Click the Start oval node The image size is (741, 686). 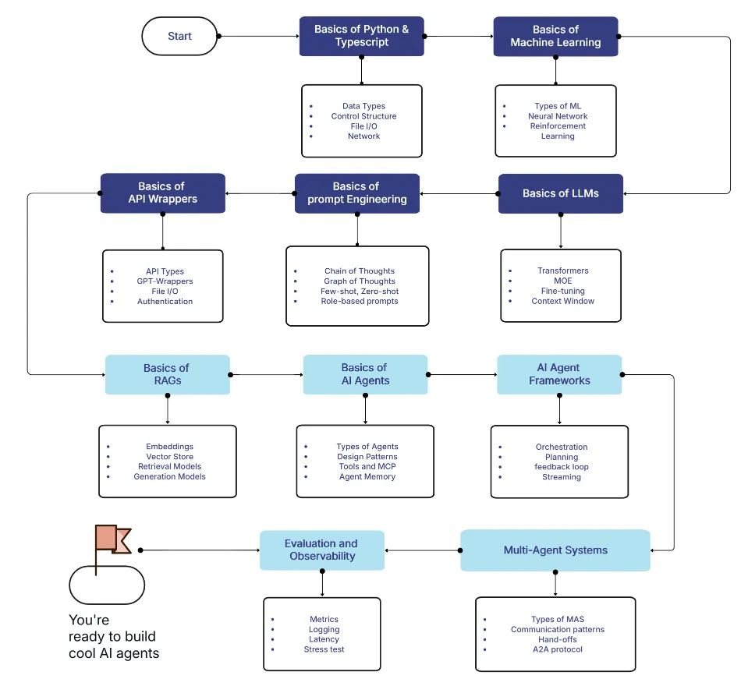pyautogui.click(x=179, y=37)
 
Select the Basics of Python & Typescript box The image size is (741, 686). pyautogui.click(x=361, y=36)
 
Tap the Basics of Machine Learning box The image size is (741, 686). pyautogui.click(x=555, y=36)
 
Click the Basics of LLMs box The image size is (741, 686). pyautogui.click(x=560, y=193)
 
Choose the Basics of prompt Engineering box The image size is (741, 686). pyautogui.click(x=356, y=193)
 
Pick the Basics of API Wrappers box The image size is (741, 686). pyautogui.click(x=162, y=193)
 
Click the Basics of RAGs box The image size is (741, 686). pyautogui.click(x=167, y=374)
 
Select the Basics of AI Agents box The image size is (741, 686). pyautogui.click(x=364, y=374)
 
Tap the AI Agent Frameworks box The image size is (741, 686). pyautogui.click(x=559, y=374)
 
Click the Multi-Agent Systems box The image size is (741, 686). pyautogui.click(x=555, y=550)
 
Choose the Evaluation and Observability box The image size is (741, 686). pyautogui.click(x=321, y=550)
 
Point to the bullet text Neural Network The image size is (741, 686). pyautogui.click(x=556, y=116)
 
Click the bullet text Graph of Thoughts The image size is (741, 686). pyautogui.click(x=360, y=281)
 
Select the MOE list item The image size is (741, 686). pyautogui.click(x=562, y=281)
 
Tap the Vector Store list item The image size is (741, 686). pyautogui.click(x=169, y=457)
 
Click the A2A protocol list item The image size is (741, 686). pyautogui.click(x=557, y=649)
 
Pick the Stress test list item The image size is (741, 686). pyautogui.click(x=324, y=649)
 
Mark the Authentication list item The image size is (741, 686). pyautogui.click(x=165, y=302)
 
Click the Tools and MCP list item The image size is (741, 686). pyautogui.click(x=367, y=467)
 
